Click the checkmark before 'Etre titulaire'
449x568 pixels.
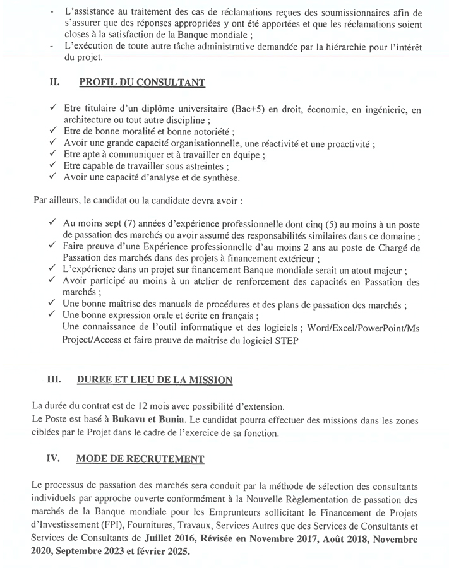click(x=53, y=109)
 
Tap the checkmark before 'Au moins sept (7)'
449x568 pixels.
click(x=53, y=223)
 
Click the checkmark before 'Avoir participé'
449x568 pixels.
click(x=53, y=281)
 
